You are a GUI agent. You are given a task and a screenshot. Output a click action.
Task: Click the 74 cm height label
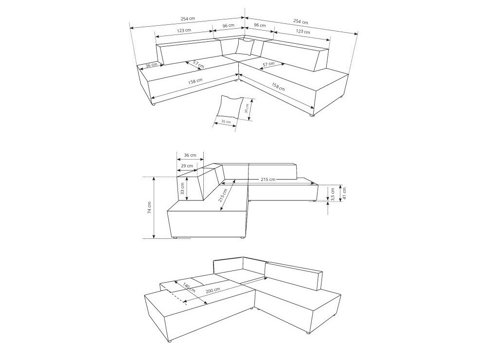149,207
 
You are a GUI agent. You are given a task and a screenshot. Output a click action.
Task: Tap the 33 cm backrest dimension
182,189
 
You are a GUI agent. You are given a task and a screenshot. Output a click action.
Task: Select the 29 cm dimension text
187,165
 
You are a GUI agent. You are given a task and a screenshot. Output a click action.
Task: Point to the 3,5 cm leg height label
333,194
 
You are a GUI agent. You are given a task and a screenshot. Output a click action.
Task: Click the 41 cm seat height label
344,193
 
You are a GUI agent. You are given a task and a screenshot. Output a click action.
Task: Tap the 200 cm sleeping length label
213,290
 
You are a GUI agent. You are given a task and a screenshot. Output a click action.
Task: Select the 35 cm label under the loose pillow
226,122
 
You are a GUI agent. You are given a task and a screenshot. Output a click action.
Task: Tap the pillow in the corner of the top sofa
245,47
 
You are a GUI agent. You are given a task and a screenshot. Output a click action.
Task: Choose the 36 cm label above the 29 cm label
190,155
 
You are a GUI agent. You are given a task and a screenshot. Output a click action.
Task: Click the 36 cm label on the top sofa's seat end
151,65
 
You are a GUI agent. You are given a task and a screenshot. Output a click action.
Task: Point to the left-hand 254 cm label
188,18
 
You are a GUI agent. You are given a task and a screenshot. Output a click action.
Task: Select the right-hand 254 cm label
301,21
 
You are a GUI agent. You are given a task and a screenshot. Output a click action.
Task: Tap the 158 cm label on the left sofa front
195,81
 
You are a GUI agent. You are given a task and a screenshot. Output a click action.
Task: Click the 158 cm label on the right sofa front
278,87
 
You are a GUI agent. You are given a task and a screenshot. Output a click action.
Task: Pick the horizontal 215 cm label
268,180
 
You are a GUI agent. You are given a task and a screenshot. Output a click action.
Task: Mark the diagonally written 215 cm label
223,196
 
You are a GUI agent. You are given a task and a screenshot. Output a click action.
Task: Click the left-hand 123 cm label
184,30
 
